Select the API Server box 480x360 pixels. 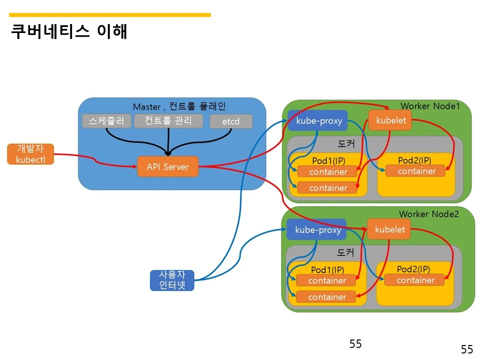coord(167,166)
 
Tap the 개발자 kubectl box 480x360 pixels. coord(30,154)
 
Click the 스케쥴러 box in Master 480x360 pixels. coord(106,121)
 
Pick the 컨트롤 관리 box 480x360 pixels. coord(168,121)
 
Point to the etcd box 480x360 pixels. coord(231,121)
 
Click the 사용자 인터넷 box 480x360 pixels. coord(172,280)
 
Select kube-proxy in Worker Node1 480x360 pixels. coord(317,120)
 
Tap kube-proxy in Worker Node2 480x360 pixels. coord(316,229)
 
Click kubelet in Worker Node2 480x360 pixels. coord(389,229)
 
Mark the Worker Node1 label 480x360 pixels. coord(429,106)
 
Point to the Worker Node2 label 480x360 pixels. coord(428,214)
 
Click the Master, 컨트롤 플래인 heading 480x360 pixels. coord(179,106)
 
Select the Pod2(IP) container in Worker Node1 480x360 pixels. coord(416,171)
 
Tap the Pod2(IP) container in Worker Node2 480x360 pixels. coord(415,280)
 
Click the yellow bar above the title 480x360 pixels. coord(110,15)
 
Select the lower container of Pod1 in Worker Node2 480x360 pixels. coord(326,297)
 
